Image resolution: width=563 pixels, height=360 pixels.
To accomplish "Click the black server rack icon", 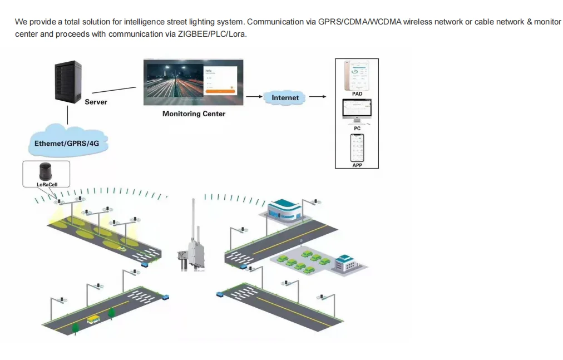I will (68, 82).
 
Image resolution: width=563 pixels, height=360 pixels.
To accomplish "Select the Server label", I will (96, 102).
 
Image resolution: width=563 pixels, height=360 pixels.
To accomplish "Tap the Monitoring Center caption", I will (194, 114).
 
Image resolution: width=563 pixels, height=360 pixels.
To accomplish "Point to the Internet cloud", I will (285, 97).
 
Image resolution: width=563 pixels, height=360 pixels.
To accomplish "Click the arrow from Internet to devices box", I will (317, 97).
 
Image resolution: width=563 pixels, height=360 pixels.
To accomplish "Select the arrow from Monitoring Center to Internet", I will (254, 97).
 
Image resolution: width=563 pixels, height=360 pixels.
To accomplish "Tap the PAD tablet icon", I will (357, 75).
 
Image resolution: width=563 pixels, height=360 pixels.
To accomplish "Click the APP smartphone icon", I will (357, 147).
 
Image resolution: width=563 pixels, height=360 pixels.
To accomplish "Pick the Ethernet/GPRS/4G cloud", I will (67, 143).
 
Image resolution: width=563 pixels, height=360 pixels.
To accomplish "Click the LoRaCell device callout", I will (46, 174).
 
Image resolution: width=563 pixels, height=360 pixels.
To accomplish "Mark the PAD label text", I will (357, 94).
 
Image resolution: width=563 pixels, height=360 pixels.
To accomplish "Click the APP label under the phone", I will (357, 165).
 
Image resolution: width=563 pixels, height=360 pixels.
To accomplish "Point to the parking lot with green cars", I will (300, 260).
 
